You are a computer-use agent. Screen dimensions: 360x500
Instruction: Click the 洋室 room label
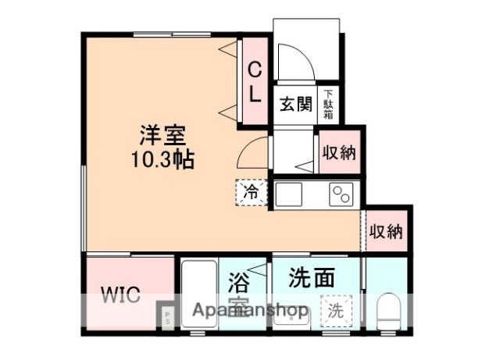[x=162, y=135]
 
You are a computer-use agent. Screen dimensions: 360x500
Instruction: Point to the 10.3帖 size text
[x=162, y=160]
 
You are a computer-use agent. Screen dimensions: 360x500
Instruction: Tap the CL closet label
[x=255, y=81]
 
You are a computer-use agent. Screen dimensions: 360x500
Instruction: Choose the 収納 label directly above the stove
[x=339, y=152]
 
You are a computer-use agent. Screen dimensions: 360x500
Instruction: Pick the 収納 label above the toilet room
[x=386, y=231]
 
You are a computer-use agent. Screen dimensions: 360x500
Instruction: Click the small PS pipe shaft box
[x=166, y=316]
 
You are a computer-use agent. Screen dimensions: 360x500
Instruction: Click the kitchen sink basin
[x=287, y=192]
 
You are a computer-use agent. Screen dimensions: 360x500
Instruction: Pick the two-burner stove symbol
[x=341, y=192]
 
